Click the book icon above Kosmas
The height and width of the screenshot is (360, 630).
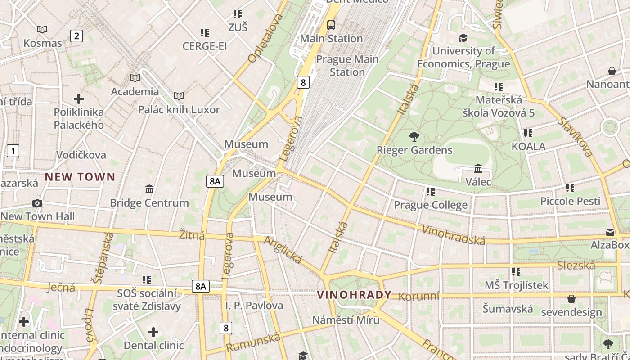pos(42,30)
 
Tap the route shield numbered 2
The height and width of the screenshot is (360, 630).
pos(76,36)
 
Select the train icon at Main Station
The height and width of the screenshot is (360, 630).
pos(331,25)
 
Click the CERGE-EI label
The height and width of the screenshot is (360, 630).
pos(205,46)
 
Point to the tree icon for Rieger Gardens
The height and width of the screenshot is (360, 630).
pos(414,136)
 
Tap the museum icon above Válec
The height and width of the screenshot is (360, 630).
pos(478,169)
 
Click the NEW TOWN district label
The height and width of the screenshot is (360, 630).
pos(80,177)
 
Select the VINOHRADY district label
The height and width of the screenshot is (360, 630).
pos(354,295)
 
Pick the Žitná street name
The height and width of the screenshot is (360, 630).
pos(192,235)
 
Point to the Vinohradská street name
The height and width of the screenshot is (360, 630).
pos(454,235)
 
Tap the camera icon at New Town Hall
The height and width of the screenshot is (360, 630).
pos(37,203)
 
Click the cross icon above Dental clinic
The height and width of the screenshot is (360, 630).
pos(153,332)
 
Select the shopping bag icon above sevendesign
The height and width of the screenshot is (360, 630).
pos(571,299)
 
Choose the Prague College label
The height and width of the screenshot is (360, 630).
pos(431,205)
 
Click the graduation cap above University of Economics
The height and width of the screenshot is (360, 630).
pos(463,38)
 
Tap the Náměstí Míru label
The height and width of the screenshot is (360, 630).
pos(346,320)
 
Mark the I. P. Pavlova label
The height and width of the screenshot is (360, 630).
pos(254,306)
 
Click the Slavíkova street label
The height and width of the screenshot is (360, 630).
pos(575,137)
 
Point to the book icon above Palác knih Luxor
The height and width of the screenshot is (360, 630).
pos(179,96)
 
